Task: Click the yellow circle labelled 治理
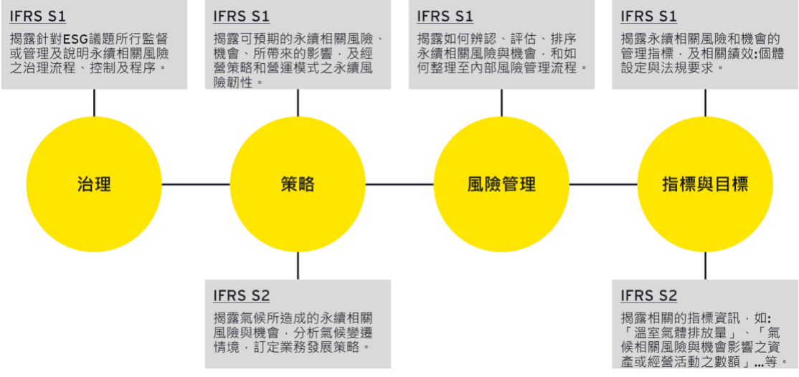tap(94, 184)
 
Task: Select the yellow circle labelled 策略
tap(298, 184)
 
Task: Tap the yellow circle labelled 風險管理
tap(501, 184)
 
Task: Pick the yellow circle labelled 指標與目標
tap(705, 184)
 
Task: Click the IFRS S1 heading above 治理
tap(37, 16)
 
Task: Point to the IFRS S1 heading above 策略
tap(241, 16)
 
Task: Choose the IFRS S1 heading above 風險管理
tap(445, 16)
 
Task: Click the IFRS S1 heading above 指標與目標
tap(648, 16)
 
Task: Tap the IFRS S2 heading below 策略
tap(241, 295)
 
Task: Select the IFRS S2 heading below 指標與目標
tap(648, 295)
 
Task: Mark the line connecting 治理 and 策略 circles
tap(196, 184)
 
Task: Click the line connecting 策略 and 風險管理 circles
tap(399, 184)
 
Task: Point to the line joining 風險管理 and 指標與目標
tap(603, 184)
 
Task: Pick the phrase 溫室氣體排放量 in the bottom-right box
tap(681, 333)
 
